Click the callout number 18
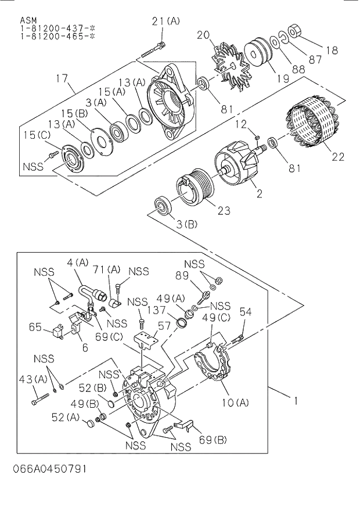[331, 51]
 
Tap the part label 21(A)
[166, 21]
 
